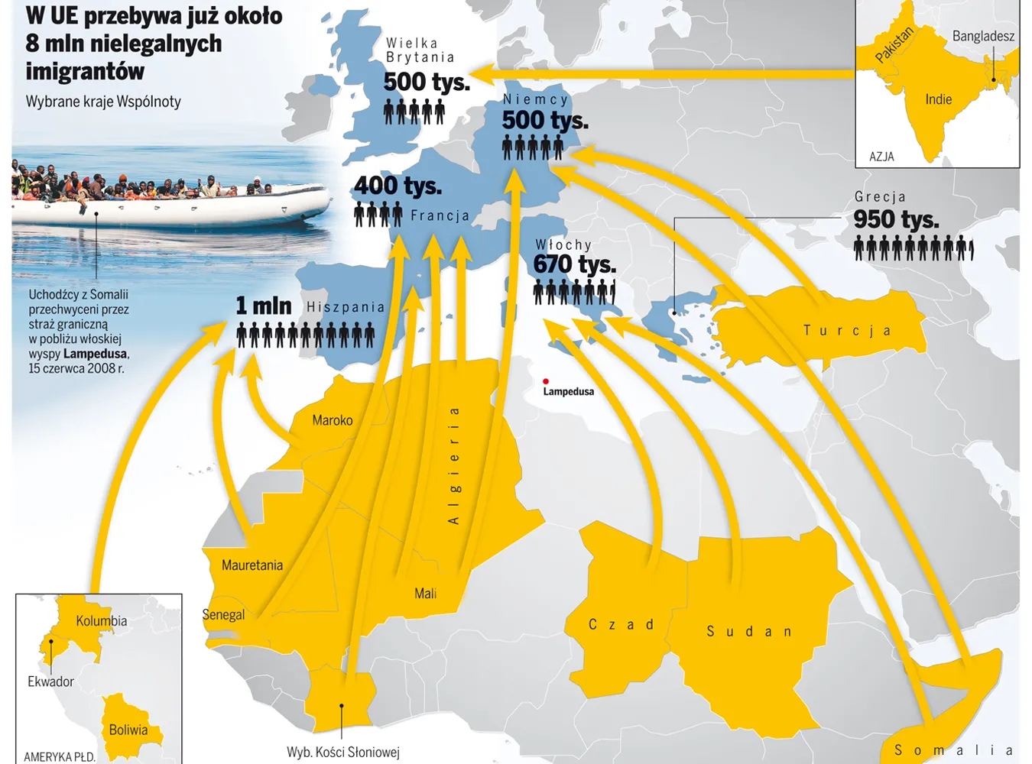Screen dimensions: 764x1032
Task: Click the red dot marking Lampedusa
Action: pos(546,381)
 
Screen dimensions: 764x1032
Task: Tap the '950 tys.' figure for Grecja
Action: pos(896,220)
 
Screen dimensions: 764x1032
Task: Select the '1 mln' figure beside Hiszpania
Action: pos(264,306)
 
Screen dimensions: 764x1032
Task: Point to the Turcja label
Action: pos(846,331)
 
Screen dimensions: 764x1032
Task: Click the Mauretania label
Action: pos(252,565)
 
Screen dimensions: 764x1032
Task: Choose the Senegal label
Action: pos(223,615)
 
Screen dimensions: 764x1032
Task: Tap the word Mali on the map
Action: pos(425,594)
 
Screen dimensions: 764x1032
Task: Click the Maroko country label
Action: pos(333,420)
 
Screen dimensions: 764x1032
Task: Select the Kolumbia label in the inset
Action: pos(102,621)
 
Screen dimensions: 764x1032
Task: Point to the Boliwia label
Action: pos(128,730)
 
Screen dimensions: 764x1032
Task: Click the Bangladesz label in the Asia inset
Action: pos(983,37)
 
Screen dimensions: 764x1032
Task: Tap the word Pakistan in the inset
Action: pos(894,45)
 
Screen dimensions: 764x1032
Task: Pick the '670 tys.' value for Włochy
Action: pos(574,264)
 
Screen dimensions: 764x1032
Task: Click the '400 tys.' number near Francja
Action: pos(398,186)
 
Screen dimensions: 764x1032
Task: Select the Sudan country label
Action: pos(748,632)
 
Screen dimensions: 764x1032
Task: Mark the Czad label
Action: pos(621,625)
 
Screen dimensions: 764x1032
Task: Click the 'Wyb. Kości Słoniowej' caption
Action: pos(343,753)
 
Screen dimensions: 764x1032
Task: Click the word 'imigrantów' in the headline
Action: pos(85,72)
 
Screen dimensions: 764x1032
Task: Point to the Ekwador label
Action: pos(50,681)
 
